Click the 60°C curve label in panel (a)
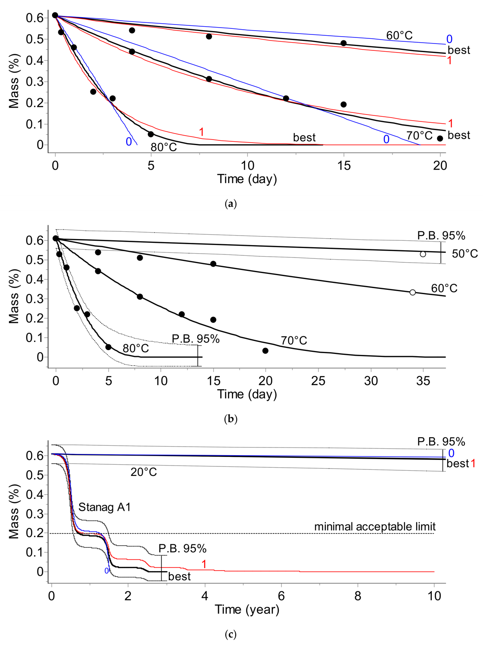[399, 35]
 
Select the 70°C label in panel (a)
[419, 136]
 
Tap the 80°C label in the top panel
[163, 147]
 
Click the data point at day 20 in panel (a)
[440, 138]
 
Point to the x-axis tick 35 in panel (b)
[423, 381]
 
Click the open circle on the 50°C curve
[423, 254]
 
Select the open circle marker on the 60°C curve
[413, 292]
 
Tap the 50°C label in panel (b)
[464, 254]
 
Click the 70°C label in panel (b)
[294, 341]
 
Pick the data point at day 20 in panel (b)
[265, 351]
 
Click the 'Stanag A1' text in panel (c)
[104, 507]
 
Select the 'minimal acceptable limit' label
[375, 526]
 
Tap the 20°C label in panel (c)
[143, 472]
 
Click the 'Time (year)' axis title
[247, 609]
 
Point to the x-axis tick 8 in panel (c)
[358, 596]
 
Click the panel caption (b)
[231, 419]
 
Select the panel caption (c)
[231, 634]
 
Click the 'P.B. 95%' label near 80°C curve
[196, 339]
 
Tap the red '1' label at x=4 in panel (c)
[204, 564]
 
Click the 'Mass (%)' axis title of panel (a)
[14, 81]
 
